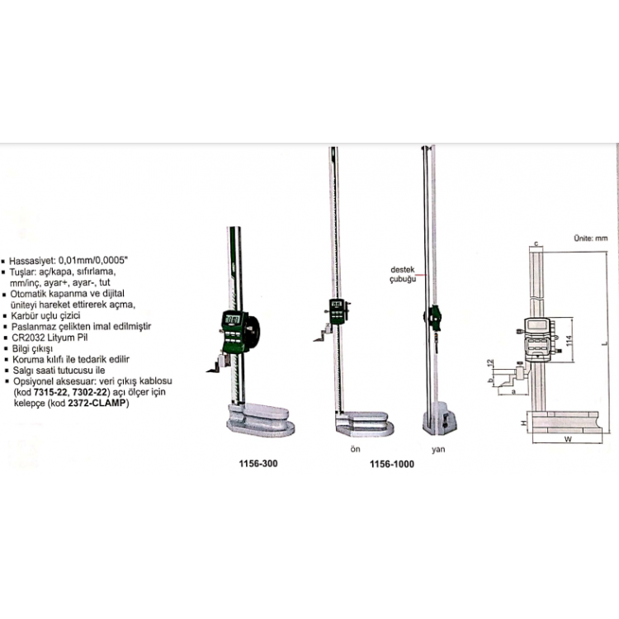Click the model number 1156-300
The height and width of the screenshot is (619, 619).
(258, 464)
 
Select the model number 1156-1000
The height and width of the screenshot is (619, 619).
(392, 464)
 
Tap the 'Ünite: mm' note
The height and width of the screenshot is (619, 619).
(590, 238)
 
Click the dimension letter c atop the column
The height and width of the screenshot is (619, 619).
(536, 244)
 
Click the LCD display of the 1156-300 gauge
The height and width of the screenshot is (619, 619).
(232, 320)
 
